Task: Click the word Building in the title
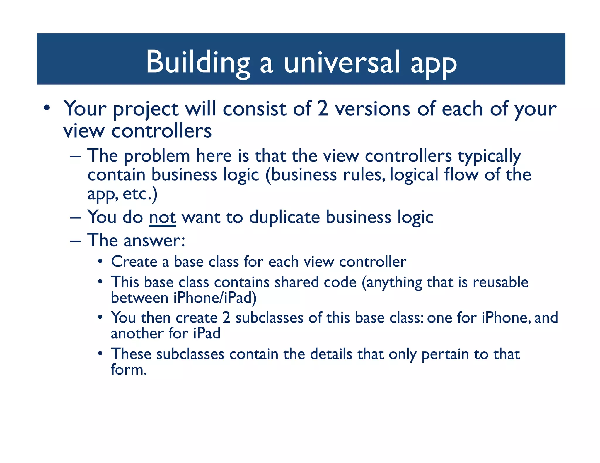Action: pyautogui.click(x=198, y=62)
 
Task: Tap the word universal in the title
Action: pyautogui.click(x=342, y=62)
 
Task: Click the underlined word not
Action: pyautogui.click(x=162, y=217)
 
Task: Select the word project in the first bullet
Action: pyautogui.click(x=146, y=109)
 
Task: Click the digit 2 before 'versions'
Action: pyautogui.click(x=323, y=109)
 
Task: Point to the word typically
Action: pyautogui.click(x=489, y=156)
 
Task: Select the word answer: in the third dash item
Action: pyautogui.click(x=154, y=241)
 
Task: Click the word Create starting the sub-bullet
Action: pyautogui.click(x=134, y=261)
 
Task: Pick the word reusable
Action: pyautogui.click(x=500, y=282)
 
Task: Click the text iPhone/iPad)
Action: pyautogui.click(x=215, y=298)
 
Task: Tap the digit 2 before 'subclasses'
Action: pyautogui.click(x=226, y=318)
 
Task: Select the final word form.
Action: pyautogui.click(x=128, y=370)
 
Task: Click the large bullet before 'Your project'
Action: pyautogui.click(x=47, y=108)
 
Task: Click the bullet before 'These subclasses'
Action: pyautogui.click(x=100, y=354)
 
